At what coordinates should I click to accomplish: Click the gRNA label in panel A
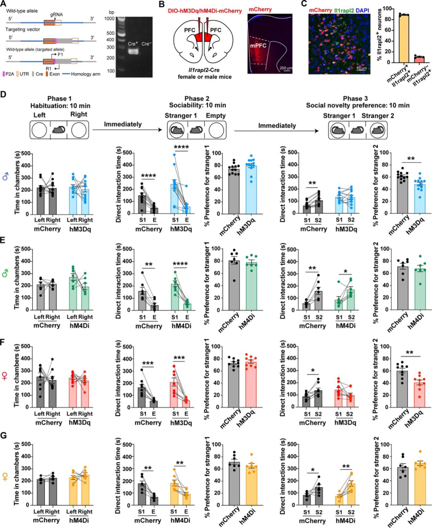[x=56, y=14]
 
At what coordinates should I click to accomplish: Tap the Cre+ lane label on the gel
[x=132, y=44]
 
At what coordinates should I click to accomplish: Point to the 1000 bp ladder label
[x=109, y=18]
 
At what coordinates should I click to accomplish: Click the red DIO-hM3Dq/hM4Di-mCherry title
[x=205, y=11]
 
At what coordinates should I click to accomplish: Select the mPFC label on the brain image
[x=258, y=46]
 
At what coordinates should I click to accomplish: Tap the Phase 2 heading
[x=197, y=98]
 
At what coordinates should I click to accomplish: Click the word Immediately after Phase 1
[x=123, y=124]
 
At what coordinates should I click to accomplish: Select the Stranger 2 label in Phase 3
[x=378, y=116]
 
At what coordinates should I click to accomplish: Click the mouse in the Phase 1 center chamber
[x=59, y=130]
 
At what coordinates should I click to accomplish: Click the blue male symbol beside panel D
[x=5, y=176]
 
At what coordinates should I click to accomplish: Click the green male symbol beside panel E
[x=5, y=273]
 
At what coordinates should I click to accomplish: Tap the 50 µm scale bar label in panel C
[x=361, y=68]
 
